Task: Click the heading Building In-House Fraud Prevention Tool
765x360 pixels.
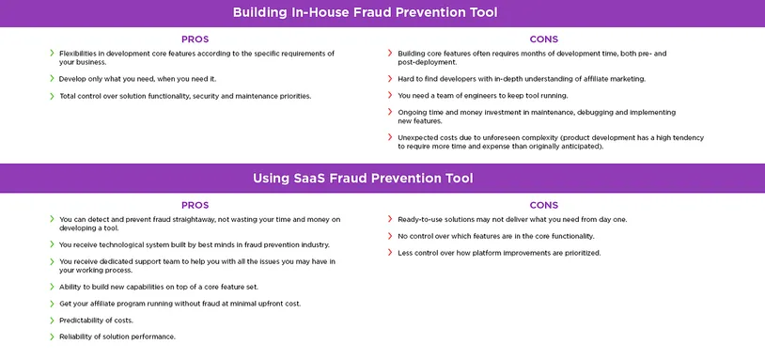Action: coord(365,13)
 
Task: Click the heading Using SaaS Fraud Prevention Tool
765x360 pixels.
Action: coord(362,178)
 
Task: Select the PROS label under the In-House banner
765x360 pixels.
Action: coord(195,39)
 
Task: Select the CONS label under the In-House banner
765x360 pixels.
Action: coord(543,39)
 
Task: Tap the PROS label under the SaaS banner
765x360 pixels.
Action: coord(195,205)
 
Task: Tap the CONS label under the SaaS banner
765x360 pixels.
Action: coord(543,205)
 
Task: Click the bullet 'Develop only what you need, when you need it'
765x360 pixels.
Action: coord(137,79)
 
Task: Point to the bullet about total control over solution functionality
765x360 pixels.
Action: coord(184,96)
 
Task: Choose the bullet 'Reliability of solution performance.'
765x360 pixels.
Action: coord(117,337)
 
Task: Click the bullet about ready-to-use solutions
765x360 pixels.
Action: coord(512,219)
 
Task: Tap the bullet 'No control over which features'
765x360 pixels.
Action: coord(495,236)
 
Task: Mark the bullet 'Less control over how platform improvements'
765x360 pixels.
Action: coord(498,253)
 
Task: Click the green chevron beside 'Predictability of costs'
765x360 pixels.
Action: coord(52,320)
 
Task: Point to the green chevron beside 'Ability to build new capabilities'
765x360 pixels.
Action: coord(52,286)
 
